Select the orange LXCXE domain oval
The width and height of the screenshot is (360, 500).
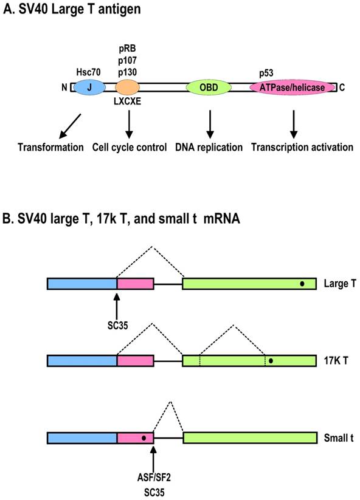(128, 87)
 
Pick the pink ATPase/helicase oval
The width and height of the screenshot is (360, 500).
(292, 87)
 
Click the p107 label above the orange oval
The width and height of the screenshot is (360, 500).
(127, 60)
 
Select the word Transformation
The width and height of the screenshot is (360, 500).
(50, 148)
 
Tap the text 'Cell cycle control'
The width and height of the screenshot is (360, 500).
(130, 148)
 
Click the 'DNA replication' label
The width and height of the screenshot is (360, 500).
(210, 148)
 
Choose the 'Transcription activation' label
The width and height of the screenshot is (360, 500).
(295, 148)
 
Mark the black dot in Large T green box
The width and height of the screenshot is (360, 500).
(302, 283)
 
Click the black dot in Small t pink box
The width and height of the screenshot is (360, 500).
(144, 437)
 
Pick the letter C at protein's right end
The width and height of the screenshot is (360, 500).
(342, 87)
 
